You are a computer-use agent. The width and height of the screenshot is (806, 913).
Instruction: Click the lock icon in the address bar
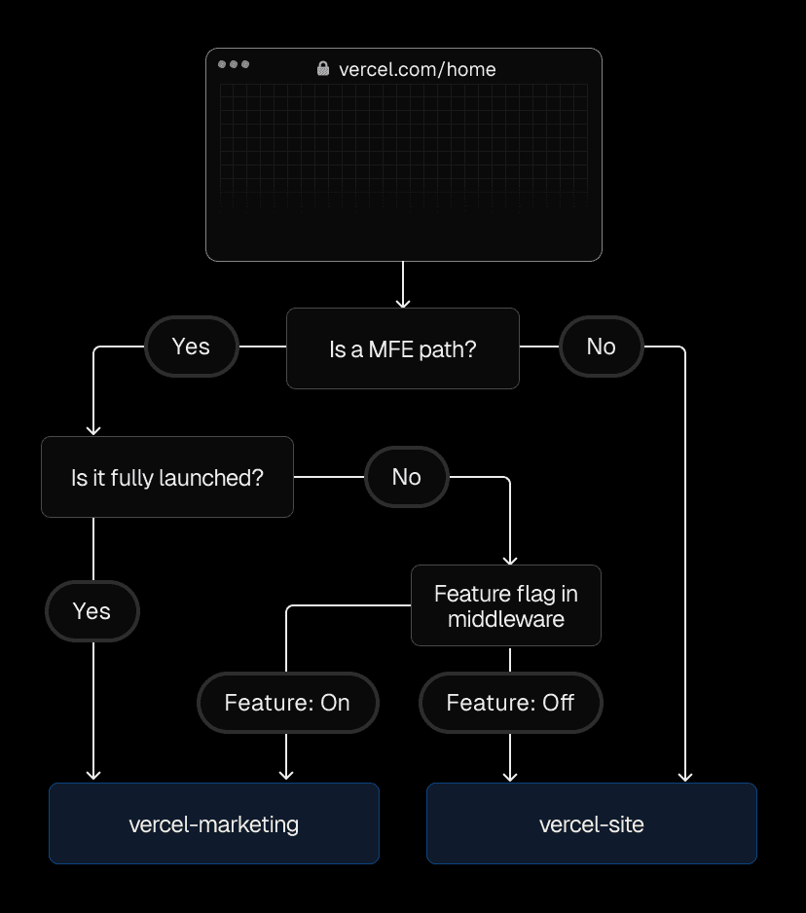(x=323, y=69)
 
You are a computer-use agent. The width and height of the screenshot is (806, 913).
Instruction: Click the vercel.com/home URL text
(x=417, y=69)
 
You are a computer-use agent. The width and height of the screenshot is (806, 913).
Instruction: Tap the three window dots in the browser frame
(x=234, y=64)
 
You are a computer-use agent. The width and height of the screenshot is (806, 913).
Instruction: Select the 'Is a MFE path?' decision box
(x=402, y=348)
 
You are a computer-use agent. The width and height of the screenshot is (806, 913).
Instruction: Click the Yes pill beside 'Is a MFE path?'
(x=191, y=347)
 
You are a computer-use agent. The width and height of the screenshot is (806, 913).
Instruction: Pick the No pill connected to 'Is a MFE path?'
(x=601, y=347)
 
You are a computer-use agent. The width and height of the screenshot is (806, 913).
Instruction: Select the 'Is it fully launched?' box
(x=166, y=477)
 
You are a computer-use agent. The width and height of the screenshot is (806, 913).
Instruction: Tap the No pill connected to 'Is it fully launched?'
(x=406, y=477)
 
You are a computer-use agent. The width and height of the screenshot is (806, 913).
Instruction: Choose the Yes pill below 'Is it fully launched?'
(x=92, y=611)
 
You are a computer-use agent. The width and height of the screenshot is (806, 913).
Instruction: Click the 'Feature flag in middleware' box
(x=505, y=605)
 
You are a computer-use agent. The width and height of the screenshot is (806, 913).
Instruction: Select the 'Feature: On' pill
(x=286, y=703)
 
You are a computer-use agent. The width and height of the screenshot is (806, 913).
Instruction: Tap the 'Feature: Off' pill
(x=510, y=703)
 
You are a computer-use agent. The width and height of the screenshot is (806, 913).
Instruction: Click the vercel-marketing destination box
(x=213, y=823)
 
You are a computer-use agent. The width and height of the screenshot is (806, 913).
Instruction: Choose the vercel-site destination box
(x=591, y=823)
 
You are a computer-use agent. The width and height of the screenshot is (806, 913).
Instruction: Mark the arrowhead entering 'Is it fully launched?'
(x=93, y=429)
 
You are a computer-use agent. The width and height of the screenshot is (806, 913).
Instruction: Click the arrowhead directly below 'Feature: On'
(x=286, y=775)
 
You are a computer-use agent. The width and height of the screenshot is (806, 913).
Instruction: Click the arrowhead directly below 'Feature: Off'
(x=510, y=776)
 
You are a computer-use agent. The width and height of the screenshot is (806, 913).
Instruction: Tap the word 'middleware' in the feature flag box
(x=505, y=619)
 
